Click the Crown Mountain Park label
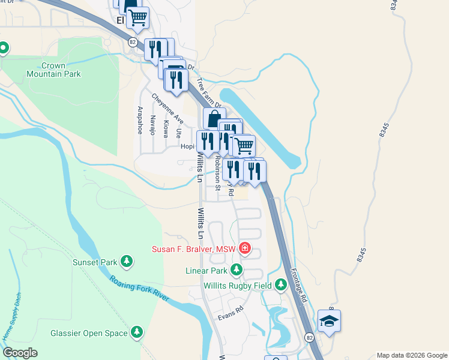(53, 70)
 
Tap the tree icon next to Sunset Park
(126, 261)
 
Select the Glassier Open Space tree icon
(137, 332)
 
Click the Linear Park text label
(206, 271)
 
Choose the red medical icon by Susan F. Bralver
(244, 248)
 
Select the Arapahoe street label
(139, 120)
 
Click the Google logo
(20, 353)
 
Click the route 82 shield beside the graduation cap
(309, 337)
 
